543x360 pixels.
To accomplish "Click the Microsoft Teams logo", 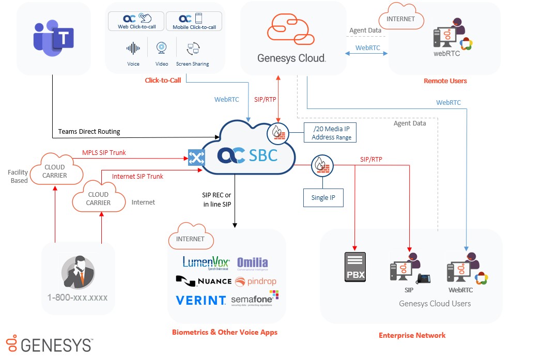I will (53, 38).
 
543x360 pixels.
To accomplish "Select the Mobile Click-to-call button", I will (194, 21).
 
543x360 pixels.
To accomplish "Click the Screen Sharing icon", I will (193, 50).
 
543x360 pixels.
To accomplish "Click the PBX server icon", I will (355, 267).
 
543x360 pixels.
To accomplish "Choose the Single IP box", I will (323, 198).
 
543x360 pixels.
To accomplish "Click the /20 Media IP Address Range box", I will (331, 133).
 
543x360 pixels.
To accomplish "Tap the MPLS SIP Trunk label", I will (104, 152).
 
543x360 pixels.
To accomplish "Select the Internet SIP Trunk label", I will (137, 176).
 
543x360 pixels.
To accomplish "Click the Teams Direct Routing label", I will (89, 131).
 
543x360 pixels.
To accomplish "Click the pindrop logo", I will (251, 281).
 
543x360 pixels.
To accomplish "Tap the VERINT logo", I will (200, 300).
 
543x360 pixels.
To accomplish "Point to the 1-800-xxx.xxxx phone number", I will (77, 298).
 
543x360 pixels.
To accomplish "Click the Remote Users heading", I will (445, 81).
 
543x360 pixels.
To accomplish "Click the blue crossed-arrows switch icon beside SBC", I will (196, 158).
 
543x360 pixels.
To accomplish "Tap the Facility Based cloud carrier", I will (55, 171).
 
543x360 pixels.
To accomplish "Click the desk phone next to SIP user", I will (424, 278).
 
